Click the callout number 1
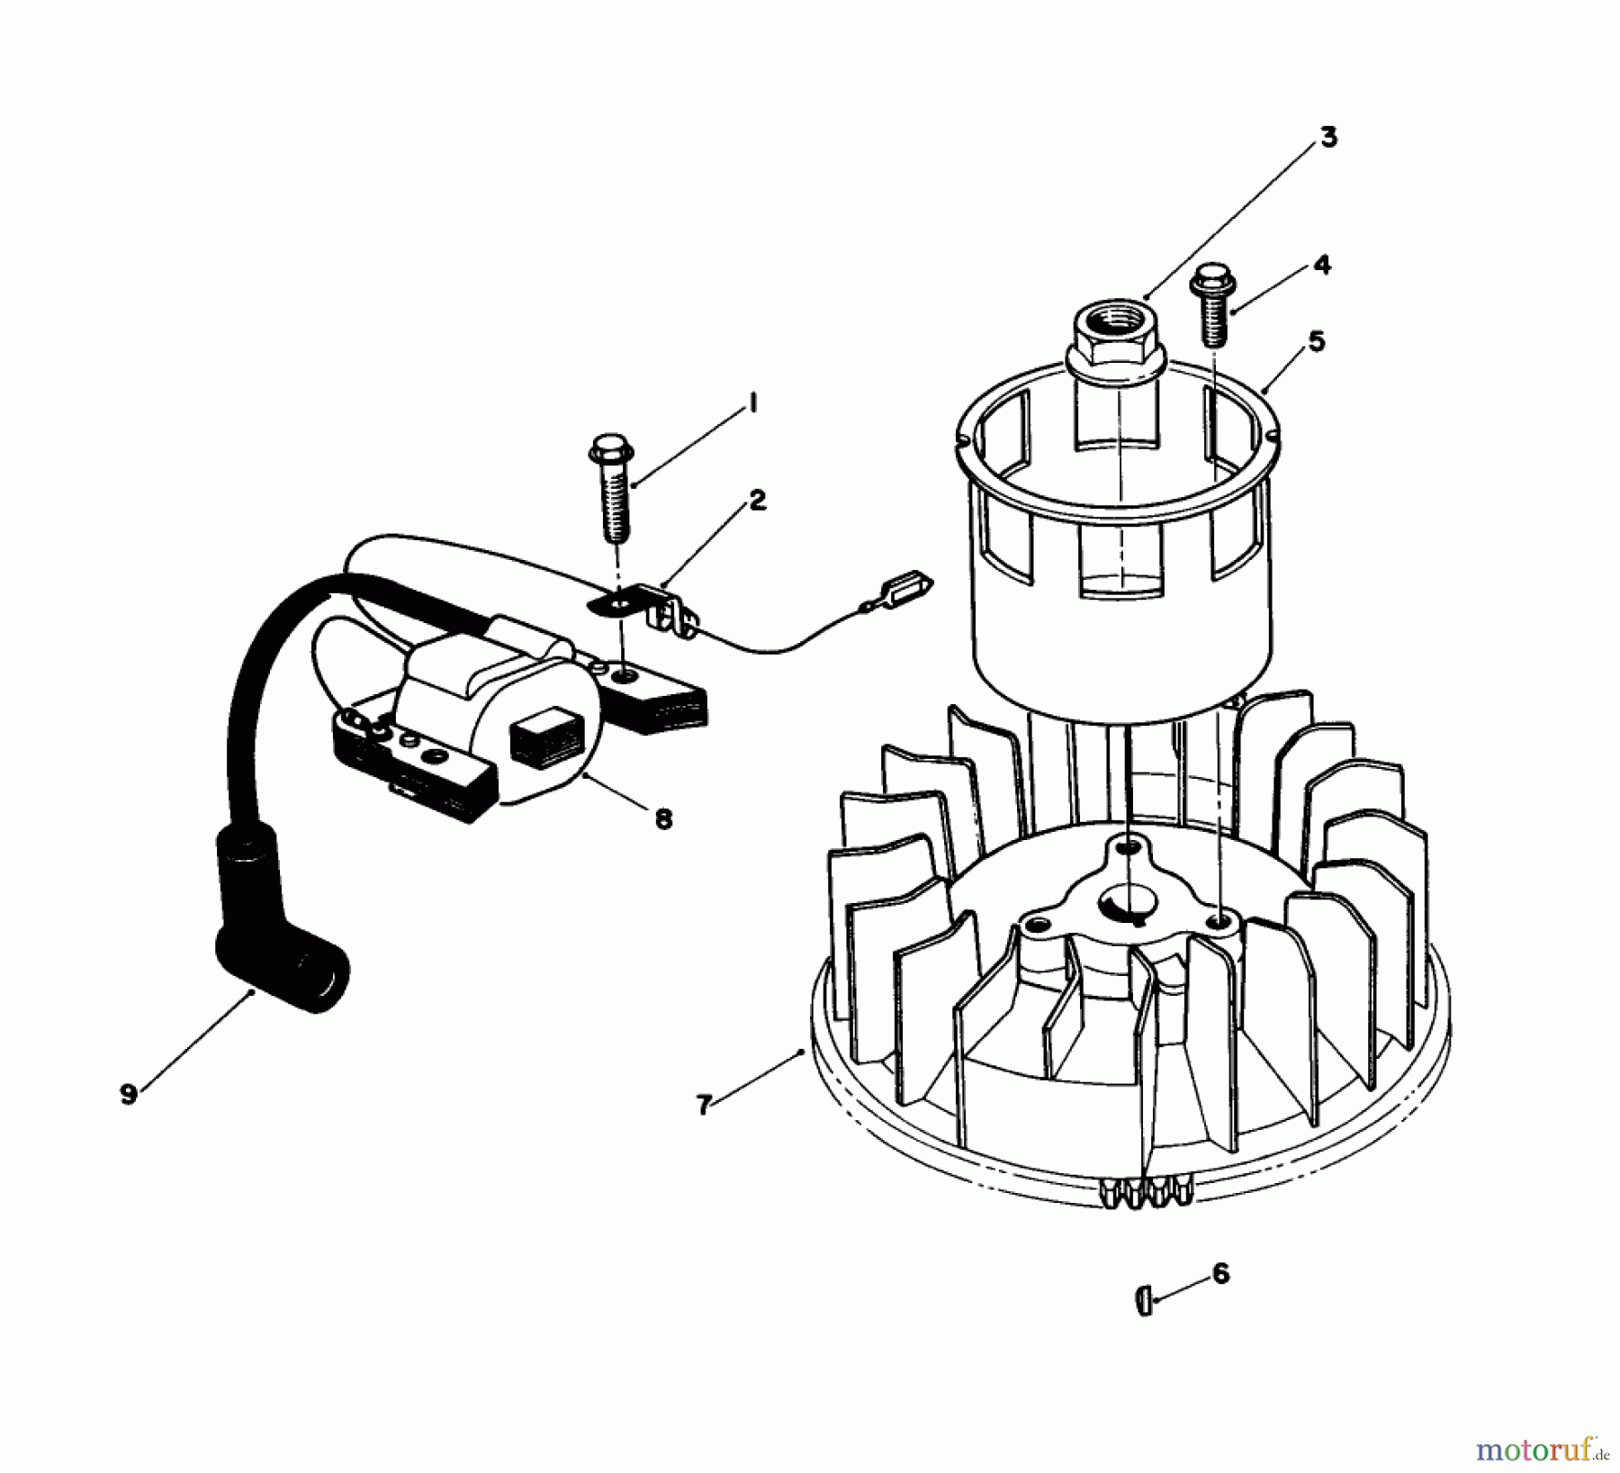pos(752,404)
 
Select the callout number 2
pos(758,502)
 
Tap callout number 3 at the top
pos(1328,138)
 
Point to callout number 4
pos(1321,265)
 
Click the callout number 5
pos(1316,342)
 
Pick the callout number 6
pos(1220,1273)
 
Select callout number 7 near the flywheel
pos(704,1104)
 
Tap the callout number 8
pos(663,819)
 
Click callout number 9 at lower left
pos(129,1094)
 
